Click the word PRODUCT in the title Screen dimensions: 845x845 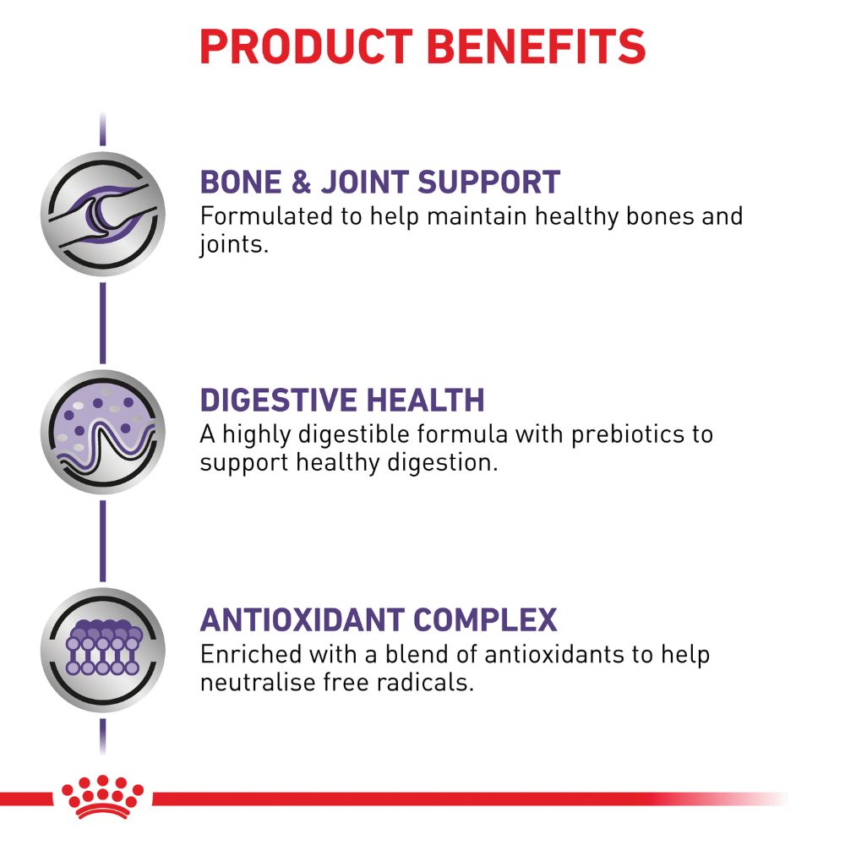(x=306, y=46)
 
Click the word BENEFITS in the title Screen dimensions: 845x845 (x=537, y=46)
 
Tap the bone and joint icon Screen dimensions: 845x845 (x=103, y=214)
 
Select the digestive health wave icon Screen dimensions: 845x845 (x=103, y=432)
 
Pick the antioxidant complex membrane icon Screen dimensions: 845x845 (x=103, y=650)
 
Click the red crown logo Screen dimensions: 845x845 (x=102, y=798)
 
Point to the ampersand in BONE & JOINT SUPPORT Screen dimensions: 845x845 (x=302, y=182)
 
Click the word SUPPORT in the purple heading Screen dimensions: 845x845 (x=488, y=182)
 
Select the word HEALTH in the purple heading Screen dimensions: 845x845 (x=426, y=400)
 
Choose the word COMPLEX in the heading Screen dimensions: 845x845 (x=486, y=619)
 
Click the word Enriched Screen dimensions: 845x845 (x=251, y=655)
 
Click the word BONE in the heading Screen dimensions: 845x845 (x=241, y=182)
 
